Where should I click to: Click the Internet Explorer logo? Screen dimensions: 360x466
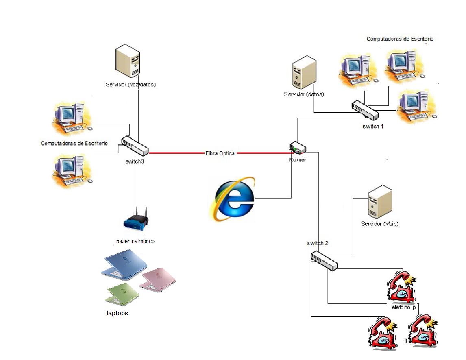232,199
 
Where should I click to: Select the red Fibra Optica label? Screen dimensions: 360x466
220,153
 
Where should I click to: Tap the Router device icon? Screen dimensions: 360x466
297,148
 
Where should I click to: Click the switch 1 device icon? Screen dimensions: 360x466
365,109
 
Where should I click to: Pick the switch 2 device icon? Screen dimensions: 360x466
324,261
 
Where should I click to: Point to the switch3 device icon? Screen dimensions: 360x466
135,146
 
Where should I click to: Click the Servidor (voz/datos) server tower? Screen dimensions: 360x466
128,61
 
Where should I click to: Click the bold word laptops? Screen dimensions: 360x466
117,313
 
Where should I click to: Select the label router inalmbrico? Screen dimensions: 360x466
135,241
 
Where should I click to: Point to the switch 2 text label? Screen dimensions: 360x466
318,243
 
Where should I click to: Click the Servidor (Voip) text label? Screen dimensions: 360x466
380,224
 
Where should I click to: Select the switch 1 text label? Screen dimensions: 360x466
373,126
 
